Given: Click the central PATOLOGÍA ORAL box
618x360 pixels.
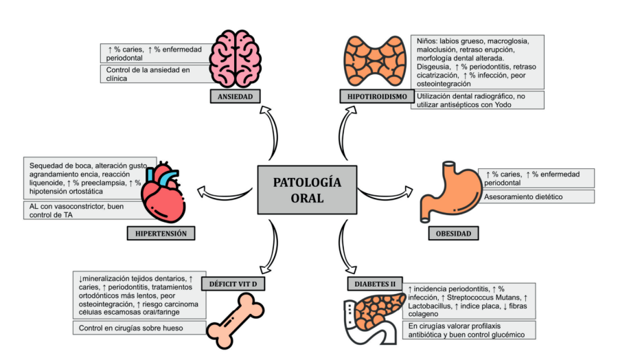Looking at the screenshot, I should pyautogui.click(x=307, y=190).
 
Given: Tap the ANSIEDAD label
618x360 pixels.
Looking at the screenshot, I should pyautogui.click(x=236, y=97).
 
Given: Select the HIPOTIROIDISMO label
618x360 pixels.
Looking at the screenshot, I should pyautogui.click(x=374, y=97).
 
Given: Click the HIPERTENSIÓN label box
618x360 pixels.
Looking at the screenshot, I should pyautogui.click(x=161, y=234).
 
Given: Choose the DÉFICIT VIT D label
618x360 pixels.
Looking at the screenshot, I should pyautogui.click(x=233, y=283).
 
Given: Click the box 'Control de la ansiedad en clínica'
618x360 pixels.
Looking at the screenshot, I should pyautogui.click(x=154, y=74).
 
